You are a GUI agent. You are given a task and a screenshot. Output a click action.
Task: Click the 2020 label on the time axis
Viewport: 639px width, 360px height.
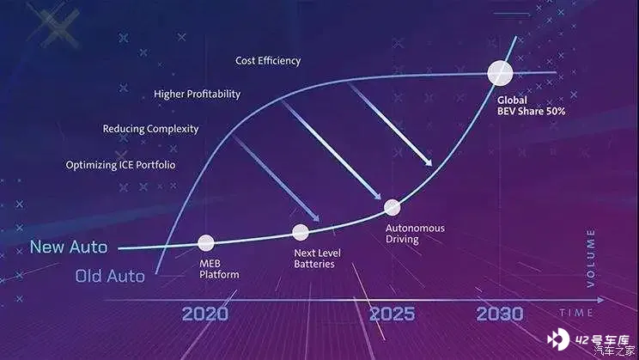205,314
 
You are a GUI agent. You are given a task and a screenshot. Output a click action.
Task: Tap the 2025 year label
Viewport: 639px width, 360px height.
392,314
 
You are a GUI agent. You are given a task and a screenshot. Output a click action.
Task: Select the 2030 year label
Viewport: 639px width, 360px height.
500,314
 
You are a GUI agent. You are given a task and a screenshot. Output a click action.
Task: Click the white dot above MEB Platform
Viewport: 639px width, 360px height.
206,242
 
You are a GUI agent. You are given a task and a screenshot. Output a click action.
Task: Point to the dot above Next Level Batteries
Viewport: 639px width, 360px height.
301,232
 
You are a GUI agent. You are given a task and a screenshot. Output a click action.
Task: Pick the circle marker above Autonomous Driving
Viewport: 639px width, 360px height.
392,207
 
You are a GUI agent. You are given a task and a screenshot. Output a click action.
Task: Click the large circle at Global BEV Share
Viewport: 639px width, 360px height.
500,73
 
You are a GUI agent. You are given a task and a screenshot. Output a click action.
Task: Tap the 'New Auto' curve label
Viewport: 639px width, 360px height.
69,247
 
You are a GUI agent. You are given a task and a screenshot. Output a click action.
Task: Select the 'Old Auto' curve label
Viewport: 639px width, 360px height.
110,276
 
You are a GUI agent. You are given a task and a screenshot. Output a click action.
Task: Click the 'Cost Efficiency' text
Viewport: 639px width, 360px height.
268,61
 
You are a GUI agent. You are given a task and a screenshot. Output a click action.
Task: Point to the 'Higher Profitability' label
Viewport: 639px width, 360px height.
198,95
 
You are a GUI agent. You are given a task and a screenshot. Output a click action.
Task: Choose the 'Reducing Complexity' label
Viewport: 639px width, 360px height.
151,129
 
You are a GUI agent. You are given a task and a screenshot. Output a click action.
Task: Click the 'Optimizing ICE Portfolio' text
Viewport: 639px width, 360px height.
120,165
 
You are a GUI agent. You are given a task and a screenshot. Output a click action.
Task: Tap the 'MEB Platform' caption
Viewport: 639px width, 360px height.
219,269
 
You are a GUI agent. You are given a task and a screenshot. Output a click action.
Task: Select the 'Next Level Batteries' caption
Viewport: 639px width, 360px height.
317,259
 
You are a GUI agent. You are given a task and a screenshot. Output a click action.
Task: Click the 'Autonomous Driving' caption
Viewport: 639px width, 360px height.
416,234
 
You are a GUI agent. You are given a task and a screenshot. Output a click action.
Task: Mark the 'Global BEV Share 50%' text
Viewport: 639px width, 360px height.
531,106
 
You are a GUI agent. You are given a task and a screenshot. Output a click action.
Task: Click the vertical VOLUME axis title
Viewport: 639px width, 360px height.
591,258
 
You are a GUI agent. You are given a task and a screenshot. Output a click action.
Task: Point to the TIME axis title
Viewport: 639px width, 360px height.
576,313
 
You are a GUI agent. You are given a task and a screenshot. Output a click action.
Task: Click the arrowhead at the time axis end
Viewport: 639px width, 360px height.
600,300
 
